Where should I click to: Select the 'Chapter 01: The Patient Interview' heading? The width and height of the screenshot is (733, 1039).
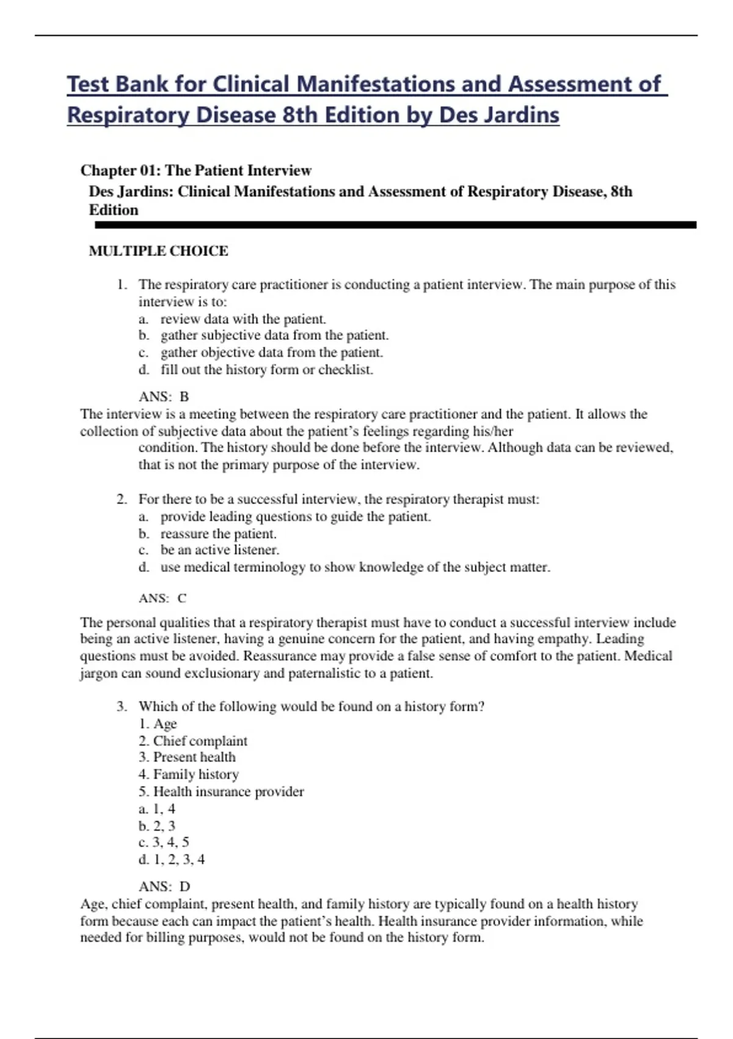(x=195, y=171)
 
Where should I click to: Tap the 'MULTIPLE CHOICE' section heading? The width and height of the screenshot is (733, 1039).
(x=158, y=251)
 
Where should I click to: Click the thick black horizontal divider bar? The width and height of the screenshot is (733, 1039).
(x=395, y=226)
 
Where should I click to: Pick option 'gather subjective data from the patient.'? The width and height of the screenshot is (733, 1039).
(x=274, y=336)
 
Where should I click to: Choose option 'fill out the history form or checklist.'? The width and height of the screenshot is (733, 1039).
(x=266, y=370)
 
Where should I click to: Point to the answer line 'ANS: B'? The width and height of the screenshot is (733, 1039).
(x=164, y=397)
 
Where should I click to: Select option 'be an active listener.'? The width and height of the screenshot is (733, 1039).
(x=219, y=550)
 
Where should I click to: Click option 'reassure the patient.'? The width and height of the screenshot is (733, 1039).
(x=218, y=534)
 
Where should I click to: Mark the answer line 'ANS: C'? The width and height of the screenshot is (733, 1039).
(x=162, y=598)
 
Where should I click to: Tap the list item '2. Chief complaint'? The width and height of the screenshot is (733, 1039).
(x=193, y=741)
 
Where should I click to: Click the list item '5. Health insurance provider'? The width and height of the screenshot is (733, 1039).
(x=221, y=792)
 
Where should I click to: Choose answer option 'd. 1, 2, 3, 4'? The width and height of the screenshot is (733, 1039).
(x=172, y=860)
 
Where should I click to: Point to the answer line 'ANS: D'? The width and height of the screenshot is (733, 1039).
(x=164, y=887)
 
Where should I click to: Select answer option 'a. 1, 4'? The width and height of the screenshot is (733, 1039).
(x=157, y=809)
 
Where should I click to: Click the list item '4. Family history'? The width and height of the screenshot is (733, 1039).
(x=189, y=775)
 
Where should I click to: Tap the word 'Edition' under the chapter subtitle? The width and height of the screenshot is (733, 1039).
(x=114, y=210)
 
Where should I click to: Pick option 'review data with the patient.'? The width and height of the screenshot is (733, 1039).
(x=243, y=319)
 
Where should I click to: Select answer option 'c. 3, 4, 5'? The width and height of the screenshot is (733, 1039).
(x=164, y=843)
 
